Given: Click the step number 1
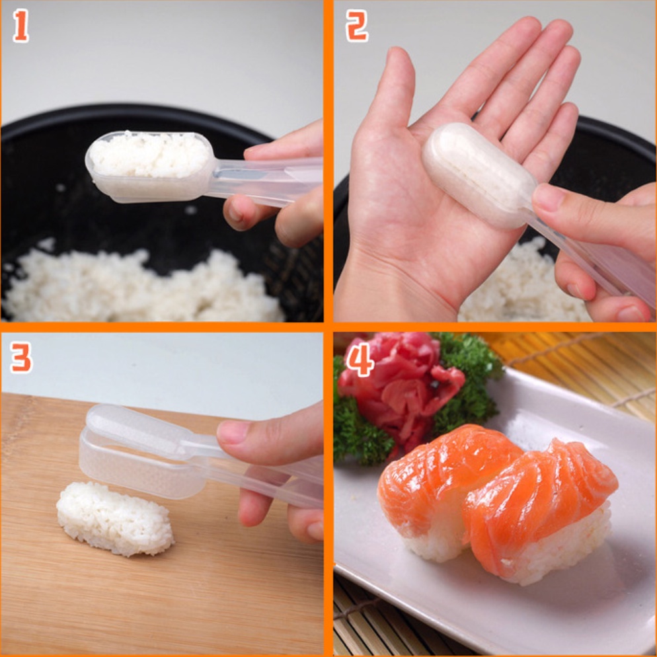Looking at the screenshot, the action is tap(21, 26).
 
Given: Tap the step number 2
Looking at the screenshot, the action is tap(356, 26).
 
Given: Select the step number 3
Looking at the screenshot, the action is tap(21, 358).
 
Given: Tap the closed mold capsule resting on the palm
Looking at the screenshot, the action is tap(479, 175).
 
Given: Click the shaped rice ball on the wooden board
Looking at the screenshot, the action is tap(115, 518).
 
